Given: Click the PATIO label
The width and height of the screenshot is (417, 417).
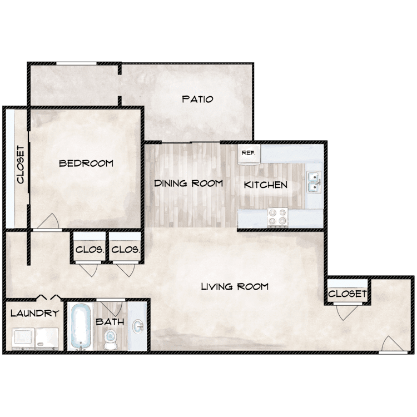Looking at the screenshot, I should pyautogui.click(x=197, y=100).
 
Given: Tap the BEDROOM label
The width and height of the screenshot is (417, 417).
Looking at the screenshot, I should pyautogui.click(x=86, y=163).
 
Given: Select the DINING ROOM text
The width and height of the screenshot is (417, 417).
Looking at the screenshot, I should pyautogui.click(x=188, y=183).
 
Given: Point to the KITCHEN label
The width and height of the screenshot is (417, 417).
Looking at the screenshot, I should pyautogui.click(x=266, y=185).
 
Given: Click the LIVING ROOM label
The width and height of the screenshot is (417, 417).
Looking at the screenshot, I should pyautogui.click(x=235, y=287).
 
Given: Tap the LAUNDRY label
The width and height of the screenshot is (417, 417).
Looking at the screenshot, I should pyautogui.click(x=34, y=314).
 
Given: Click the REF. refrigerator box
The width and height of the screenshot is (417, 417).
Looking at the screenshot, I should pyautogui.click(x=248, y=154).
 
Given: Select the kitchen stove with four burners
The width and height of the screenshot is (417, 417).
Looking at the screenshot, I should pyautogui.click(x=277, y=216).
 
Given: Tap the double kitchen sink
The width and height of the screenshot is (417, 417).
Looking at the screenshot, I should pyautogui.click(x=314, y=181).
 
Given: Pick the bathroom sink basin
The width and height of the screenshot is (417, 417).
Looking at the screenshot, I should pyautogui.click(x=137, y=326).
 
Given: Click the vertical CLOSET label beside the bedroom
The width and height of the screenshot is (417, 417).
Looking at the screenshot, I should pyautogui.click(x=21, y=165).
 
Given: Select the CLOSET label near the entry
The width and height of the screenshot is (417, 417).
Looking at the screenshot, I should pyautogui.click(x=347, y=294).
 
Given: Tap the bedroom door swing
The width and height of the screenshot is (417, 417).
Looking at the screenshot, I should pyautogui.click(x=47, y=221).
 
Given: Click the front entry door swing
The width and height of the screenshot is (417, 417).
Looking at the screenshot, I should pyautogui.click(x=393, y=344).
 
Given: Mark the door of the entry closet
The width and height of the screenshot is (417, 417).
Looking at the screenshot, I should pyautogui.click(x=344, y=312).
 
